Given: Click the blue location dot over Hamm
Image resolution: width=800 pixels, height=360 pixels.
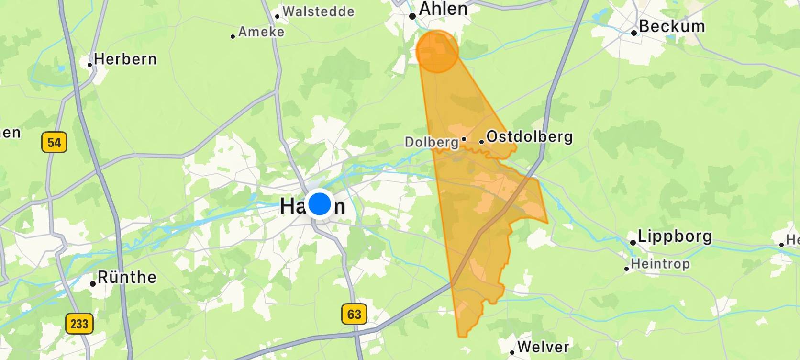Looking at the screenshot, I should [x=320, y=204].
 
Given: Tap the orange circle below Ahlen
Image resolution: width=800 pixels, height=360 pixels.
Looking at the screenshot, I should [x=437, y=51].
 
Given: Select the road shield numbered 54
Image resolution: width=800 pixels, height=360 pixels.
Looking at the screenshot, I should [x=54, y=142].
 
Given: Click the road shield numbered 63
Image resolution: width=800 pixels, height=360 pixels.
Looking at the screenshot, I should [x=354, y=314].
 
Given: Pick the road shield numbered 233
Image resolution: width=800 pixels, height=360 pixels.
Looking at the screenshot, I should [x=79, y=324].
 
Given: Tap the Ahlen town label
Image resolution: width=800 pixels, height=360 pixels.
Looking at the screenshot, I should [x=443, y=9].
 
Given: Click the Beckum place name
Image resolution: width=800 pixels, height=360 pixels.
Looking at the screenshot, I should [x=672, y=26].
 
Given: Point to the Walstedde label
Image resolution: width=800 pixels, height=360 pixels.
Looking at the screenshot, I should [x=319, y=11].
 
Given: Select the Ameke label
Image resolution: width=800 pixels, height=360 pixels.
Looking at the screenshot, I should [x=261, y=32].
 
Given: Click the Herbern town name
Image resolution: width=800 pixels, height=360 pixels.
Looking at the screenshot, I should [x=125, y=59].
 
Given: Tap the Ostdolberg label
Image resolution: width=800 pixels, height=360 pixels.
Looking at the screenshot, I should [x=529, y=137].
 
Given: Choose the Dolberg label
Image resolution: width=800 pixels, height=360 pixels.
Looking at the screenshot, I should [x=432, y=142].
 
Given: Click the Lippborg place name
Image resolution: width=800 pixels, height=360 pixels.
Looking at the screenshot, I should [x=675, y=236].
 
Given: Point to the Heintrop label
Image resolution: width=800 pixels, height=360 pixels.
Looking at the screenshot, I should [x=660, y=264].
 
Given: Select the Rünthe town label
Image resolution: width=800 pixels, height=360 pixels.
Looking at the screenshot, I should [x=127, y=278].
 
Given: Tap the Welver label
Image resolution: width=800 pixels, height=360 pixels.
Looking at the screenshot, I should [x=543, y=347].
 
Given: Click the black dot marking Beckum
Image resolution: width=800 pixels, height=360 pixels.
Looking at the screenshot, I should [x=633, y=33].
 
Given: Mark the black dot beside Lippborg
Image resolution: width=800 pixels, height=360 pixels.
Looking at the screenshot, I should [x=633, y=243].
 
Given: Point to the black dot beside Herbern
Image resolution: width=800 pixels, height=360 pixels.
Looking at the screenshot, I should [x=90, y=65].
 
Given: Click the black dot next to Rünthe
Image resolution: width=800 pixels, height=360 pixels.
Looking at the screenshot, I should [x=92, y=284].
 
